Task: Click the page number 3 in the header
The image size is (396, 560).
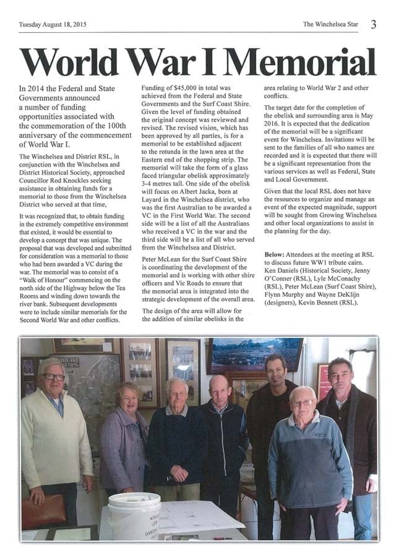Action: pyautogui.click(x=374, y=24)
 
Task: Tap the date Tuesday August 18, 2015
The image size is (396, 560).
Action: pyautogui.click(x=53, y=25)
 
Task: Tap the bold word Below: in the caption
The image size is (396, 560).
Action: pyautogui.click(x=277, y=254)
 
